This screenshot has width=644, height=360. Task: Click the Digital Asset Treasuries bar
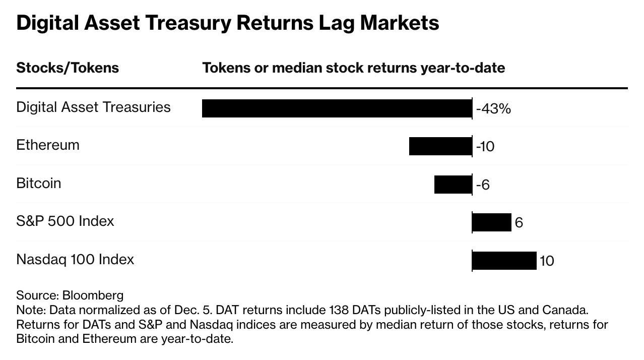click(x=337, y=108)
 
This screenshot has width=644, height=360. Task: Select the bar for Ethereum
click(x=440, y=146)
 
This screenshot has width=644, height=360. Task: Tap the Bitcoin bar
click(x=453, y=185)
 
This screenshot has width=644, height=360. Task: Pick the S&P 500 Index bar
click(x=492, y=222)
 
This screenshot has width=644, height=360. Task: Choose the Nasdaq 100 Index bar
click(x=504, y=261)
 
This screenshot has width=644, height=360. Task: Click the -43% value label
click(x=493, y=109)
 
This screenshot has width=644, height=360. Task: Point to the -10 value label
click(x=485, y=147)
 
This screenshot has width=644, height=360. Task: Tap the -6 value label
click(x=483, y=185)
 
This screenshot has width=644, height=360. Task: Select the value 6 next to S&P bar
click(x=519, y=223)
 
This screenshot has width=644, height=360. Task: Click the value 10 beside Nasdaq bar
click(x=547, y=261)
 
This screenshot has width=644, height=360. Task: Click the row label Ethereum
click(x=48, y=145)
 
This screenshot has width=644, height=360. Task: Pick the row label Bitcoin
click(x=39, y=184)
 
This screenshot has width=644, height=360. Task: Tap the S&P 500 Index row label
click(x=65, y=221)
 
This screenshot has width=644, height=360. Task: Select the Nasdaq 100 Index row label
click(x=75, y=260)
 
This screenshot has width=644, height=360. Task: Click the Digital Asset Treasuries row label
click(x=93, y=107)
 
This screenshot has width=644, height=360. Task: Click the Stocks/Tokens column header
click(x=68, y=68)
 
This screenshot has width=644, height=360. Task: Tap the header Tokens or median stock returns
click(x=353, y=68)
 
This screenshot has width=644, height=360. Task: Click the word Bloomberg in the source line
click(x=93, y=295)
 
